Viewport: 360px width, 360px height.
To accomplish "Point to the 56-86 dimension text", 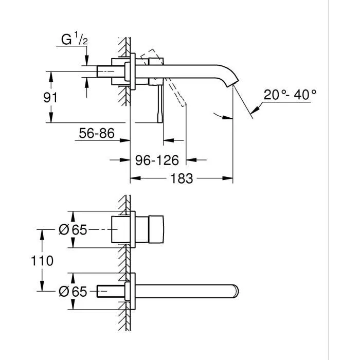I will coord(96,134).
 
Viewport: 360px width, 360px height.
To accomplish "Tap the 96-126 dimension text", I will coord(157,161).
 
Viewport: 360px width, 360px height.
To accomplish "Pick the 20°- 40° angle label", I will coord(290,95).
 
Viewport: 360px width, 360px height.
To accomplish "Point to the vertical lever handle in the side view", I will coord(160,103).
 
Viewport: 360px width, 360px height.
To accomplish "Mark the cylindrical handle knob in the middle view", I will coord(155,230).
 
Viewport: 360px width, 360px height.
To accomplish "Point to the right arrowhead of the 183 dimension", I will coord(230,178).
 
